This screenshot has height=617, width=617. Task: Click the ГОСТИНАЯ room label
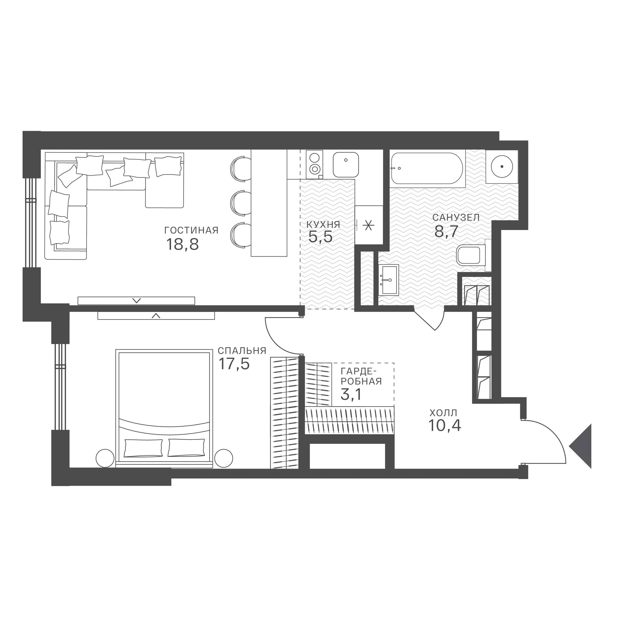point(191,230)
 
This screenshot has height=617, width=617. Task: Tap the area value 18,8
point(182,245)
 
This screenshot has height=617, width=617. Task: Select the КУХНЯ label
point(323,225)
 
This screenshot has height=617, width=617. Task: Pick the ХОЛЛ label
point(443,413)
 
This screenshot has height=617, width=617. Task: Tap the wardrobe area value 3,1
point(351,394)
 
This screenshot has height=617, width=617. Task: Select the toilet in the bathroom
point(471,255)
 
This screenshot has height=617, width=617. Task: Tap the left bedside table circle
point(105,458)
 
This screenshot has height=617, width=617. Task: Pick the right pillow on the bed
point(186,447)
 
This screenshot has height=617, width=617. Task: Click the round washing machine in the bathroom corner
point(502,167)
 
